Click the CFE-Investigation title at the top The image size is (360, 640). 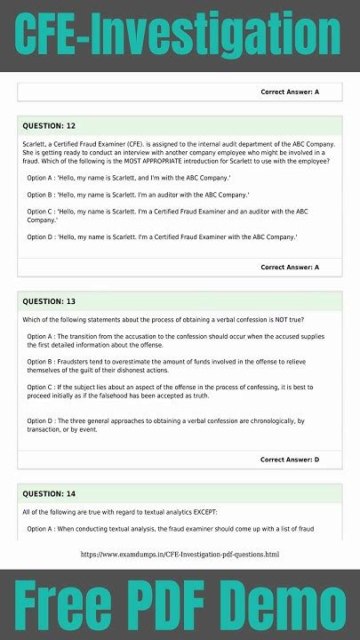(x=180, y=36)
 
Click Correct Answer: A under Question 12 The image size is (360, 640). (x=290, y=267)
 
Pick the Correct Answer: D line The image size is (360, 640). (x=290, y=460)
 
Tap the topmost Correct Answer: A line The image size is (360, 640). (x=290, y=92)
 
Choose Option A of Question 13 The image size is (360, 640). (x=178, y=340)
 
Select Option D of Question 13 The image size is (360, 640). (x=178, y=425)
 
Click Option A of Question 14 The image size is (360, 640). (x=178, y=529)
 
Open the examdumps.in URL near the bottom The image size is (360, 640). (x=180, y=554)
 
